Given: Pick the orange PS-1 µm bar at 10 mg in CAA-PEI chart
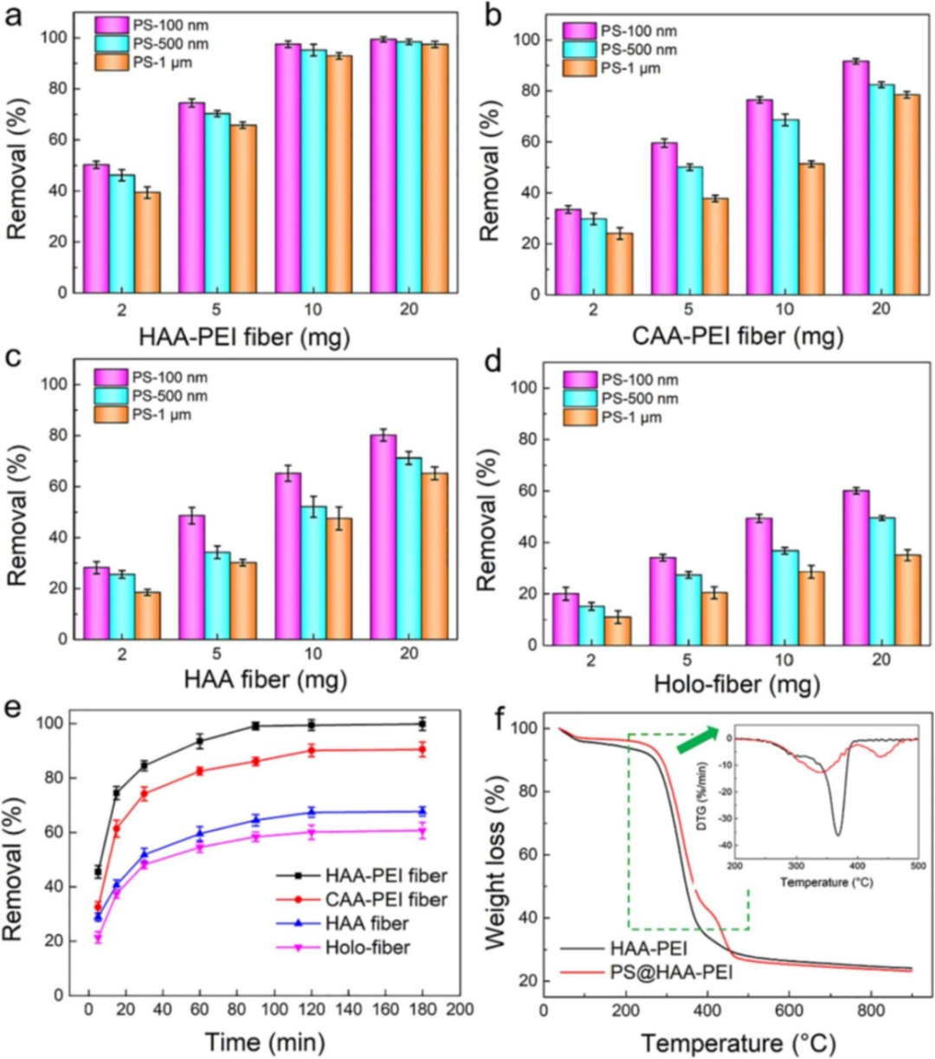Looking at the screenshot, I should pos(810,229).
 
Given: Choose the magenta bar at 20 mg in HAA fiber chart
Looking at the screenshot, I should pos(383,537).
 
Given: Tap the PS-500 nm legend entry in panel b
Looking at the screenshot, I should pos(619,49).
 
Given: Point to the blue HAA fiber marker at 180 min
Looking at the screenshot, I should pos(422,811).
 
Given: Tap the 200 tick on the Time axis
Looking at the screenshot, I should pos(460,1011).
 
